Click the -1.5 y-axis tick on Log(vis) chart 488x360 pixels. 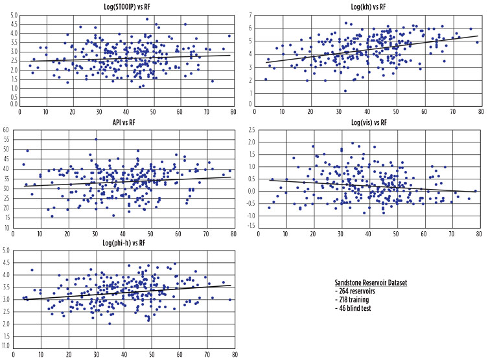248,225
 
